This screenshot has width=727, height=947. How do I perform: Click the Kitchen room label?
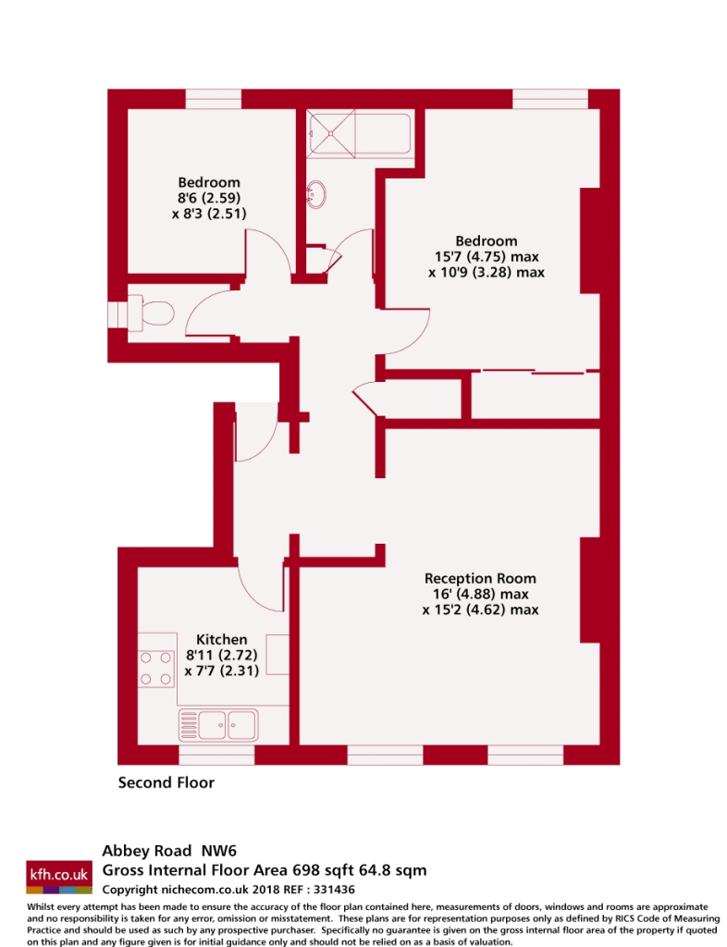point(221,639)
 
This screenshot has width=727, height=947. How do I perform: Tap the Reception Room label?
point(480,578)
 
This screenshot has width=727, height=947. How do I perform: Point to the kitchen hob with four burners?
point(155,669)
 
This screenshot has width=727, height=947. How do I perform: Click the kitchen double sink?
point(218,722)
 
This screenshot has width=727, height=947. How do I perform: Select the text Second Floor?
point(166,783)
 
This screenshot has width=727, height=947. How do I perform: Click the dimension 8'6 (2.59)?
point(208,198)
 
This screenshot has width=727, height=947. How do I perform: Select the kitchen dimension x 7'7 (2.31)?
point(221,671)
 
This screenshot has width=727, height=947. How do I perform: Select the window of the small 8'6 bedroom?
point(213,99)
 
